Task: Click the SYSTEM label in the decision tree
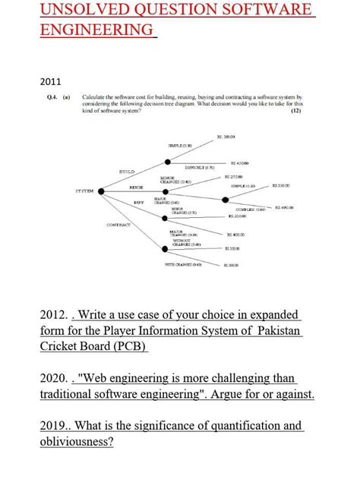[x=85, y=191]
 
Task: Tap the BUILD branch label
[x=127, y=172]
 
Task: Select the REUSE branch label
[x=137, y=186]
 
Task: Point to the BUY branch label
[x=139, y=203]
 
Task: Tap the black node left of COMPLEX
[x=225, y=200]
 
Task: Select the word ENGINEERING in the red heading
[x=96, y=30]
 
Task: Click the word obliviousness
[x=77, y=441]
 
